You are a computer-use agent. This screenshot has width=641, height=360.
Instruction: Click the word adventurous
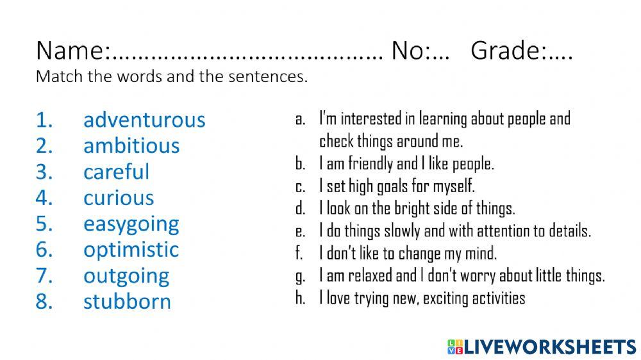coord(144,120)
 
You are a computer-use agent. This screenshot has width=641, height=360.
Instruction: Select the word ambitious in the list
coord(131,145)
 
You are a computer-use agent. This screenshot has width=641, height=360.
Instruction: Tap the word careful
coord(116,172)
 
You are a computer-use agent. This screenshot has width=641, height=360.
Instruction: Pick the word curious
coord(119,198)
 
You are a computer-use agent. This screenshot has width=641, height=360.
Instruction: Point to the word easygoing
coord(131,224)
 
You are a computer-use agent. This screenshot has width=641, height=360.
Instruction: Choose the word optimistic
coord(131,249)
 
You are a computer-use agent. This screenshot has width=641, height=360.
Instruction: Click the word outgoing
coord(126,276)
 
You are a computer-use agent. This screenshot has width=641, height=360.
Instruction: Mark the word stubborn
coord(127,302)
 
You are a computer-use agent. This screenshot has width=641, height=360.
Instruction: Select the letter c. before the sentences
coord(299,186)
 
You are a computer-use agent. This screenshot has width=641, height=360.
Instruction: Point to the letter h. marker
coord(300,298)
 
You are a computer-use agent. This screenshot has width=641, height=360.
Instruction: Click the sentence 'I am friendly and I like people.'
coord(406,164)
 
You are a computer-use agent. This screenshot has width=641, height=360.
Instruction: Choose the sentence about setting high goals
coord(397,186)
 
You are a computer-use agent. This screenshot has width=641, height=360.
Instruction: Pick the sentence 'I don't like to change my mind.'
coord(408,253)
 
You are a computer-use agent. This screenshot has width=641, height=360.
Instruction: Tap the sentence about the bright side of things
coord(417,209)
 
